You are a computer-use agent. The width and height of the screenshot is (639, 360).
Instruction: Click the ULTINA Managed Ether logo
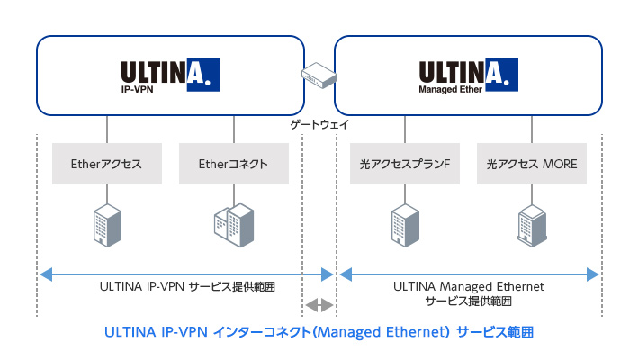point(467,76)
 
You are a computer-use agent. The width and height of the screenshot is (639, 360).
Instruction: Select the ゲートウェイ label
point(319,123)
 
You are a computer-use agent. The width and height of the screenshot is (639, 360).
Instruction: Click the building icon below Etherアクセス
point(107,225)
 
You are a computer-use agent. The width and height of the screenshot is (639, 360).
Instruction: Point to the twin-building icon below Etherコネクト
point(233,225)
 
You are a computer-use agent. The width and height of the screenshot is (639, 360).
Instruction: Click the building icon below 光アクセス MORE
point(531,225)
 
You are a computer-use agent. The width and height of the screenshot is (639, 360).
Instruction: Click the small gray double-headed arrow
point(319,305)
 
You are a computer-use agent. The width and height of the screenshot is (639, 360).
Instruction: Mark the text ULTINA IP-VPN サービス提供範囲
point(186,287)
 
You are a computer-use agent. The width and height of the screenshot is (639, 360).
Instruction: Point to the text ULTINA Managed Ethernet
point(469,286)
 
